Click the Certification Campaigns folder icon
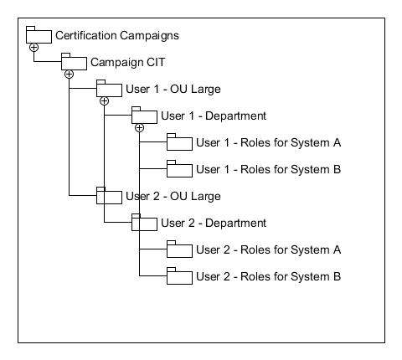[39, 35]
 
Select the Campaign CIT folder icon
[74, 62]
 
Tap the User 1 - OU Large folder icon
[109, 89]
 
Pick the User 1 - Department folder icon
[144, 116]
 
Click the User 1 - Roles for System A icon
[178, 142]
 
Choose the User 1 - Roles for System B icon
[178, 169]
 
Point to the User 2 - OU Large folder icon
[109, 196]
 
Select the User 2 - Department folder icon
[144, 223]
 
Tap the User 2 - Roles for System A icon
[178, 249]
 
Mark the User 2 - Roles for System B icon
[178, 276]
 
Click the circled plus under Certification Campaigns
[33, 48]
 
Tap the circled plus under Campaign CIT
[69, 75]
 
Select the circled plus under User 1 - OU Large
[104, 101]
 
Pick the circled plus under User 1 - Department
[139, 128]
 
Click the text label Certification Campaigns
[117, 35]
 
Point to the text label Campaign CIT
[126, 62]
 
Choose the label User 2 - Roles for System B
[268, 276]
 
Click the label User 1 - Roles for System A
[268, 142]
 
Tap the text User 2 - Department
[213, 223]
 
